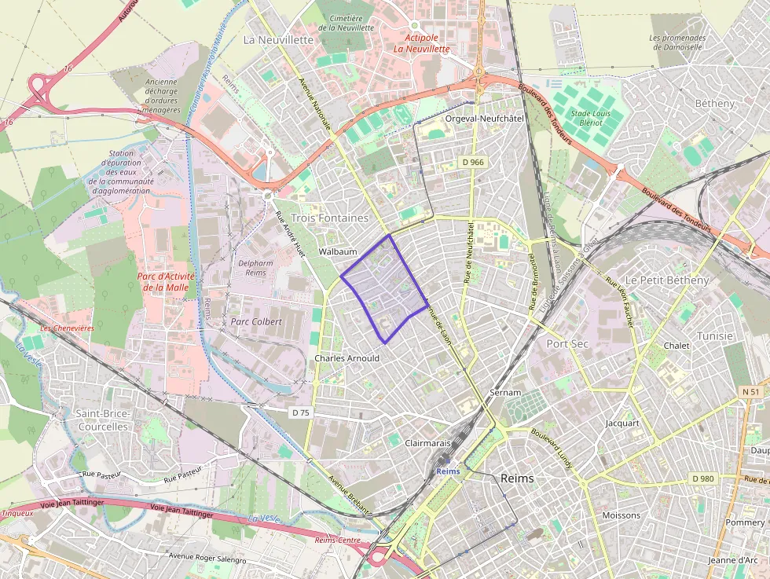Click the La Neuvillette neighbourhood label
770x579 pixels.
[274, 38]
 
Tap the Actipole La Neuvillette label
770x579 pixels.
[421, 42]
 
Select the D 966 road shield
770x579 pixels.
[473, 162]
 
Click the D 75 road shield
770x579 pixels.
[300, 412]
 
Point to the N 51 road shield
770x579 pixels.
[750, 391]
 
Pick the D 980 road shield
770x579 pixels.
[702, 478]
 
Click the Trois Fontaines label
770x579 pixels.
[329, 218]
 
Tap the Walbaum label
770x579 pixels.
[338, 251]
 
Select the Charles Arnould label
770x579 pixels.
[346, 358]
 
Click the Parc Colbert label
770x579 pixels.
[256, 321]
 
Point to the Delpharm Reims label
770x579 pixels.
[251, 268]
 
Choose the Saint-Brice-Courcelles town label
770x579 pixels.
[103, 420]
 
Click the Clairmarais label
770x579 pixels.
[427, 443]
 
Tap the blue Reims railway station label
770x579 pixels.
[447, 471]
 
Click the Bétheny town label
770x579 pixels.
[715, 103]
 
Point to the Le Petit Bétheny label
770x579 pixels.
[666, 280]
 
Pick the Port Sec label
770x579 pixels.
[567, 343]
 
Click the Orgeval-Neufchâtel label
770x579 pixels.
[484, 118]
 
